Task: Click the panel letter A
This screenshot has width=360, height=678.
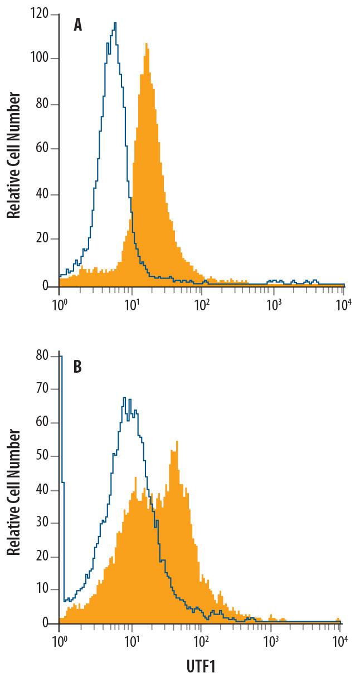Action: (x=78, y=26)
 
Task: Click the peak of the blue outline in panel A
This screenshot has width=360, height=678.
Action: (x=115, y=23)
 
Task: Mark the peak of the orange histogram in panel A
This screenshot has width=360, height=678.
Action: (x=146, y=44)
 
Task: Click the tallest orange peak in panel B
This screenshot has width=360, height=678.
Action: (x=177, y=442)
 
